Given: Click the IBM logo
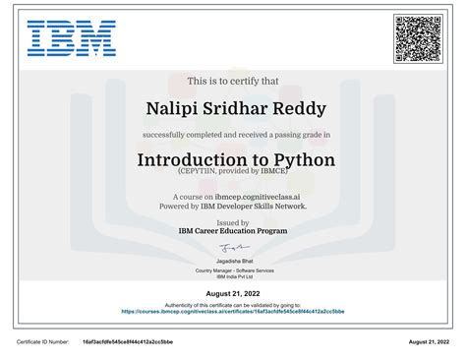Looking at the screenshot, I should [72, 38].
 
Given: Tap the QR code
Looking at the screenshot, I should [418, 38].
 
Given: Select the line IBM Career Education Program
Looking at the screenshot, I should [234, 232].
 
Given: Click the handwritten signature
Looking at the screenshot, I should [234, 249].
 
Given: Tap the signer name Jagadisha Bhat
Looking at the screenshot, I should [234, 262].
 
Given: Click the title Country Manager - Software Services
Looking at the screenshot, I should [234, 270].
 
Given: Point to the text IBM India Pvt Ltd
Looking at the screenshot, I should [234, 276].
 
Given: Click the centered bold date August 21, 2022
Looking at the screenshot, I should [234, 294].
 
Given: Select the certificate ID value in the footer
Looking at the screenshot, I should [128, 341].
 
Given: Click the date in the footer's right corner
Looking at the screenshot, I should [433, 341].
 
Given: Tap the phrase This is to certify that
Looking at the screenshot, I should [234, 82].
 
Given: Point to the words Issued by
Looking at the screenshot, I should [234, 223].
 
